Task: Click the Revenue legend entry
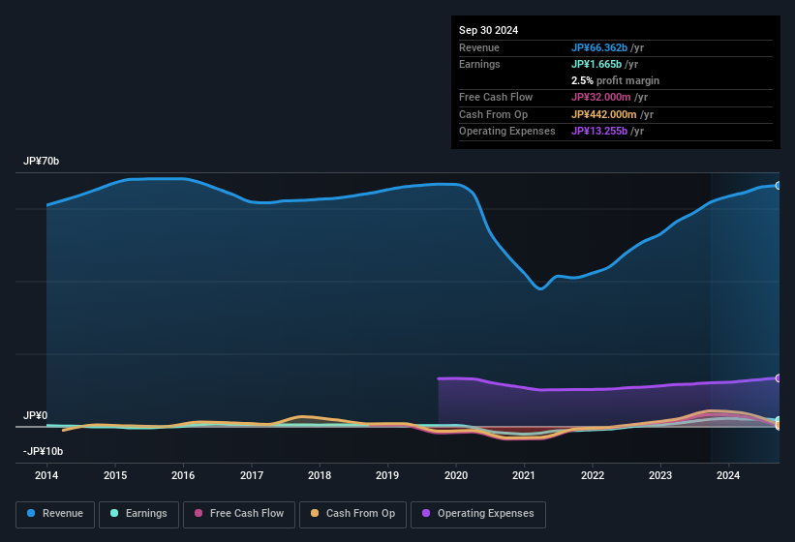pos(56,513)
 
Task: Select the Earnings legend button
pos(139,513)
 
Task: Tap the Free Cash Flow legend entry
pos(237,513)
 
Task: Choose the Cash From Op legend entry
pos(352,513)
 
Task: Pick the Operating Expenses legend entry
pos(478,513)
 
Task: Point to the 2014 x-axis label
pos(46,475)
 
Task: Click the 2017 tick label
pos(252,475)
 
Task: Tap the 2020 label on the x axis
pos(456,475)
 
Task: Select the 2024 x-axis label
pos(728,475)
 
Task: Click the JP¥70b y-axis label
pos(42,162)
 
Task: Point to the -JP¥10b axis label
pos(43,451)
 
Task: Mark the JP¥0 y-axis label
pos(36,415)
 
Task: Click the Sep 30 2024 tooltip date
pos(488,30)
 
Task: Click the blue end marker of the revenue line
pos(778,185)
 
